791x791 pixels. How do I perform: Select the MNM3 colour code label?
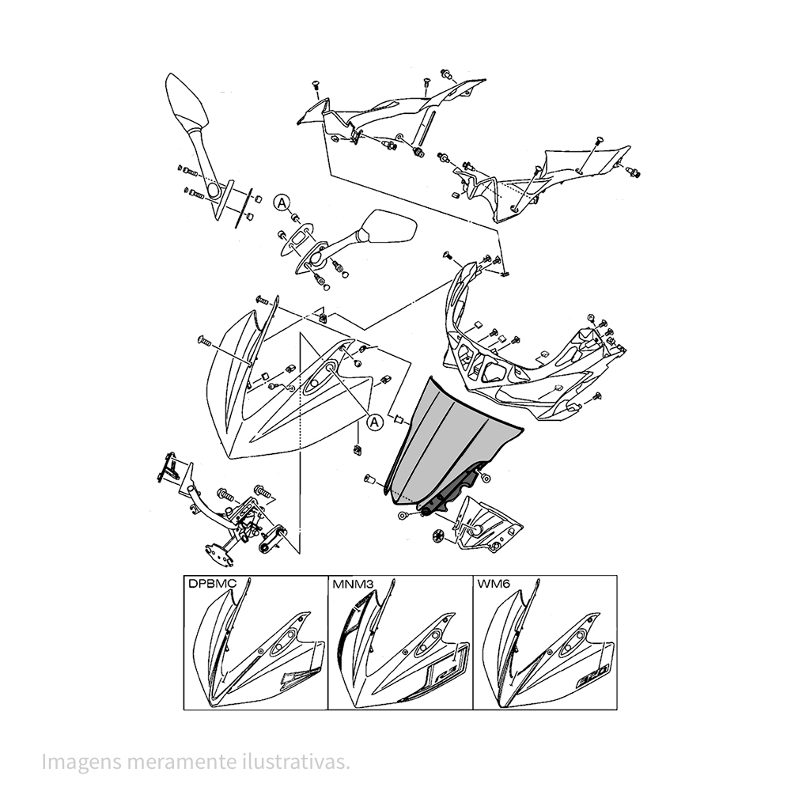353,584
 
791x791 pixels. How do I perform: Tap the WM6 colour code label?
494,584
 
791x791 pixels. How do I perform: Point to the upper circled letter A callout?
282,202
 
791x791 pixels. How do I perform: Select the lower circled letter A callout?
374,422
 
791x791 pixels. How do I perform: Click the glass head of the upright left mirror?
186,101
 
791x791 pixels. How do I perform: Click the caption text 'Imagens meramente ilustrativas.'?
195,762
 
